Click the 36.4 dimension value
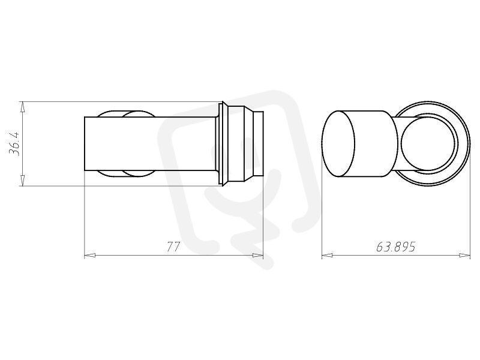pos(14,143)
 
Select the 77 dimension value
pos(173,247)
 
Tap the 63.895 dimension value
pos(395,247)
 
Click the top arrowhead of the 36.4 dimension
pos(22,107)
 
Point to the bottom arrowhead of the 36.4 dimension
pos(22,181)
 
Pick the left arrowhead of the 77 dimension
pos(89,255)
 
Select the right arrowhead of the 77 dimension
pos(258,255)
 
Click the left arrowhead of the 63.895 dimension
pos(327,255)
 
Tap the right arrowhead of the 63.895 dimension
pos(464,255)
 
